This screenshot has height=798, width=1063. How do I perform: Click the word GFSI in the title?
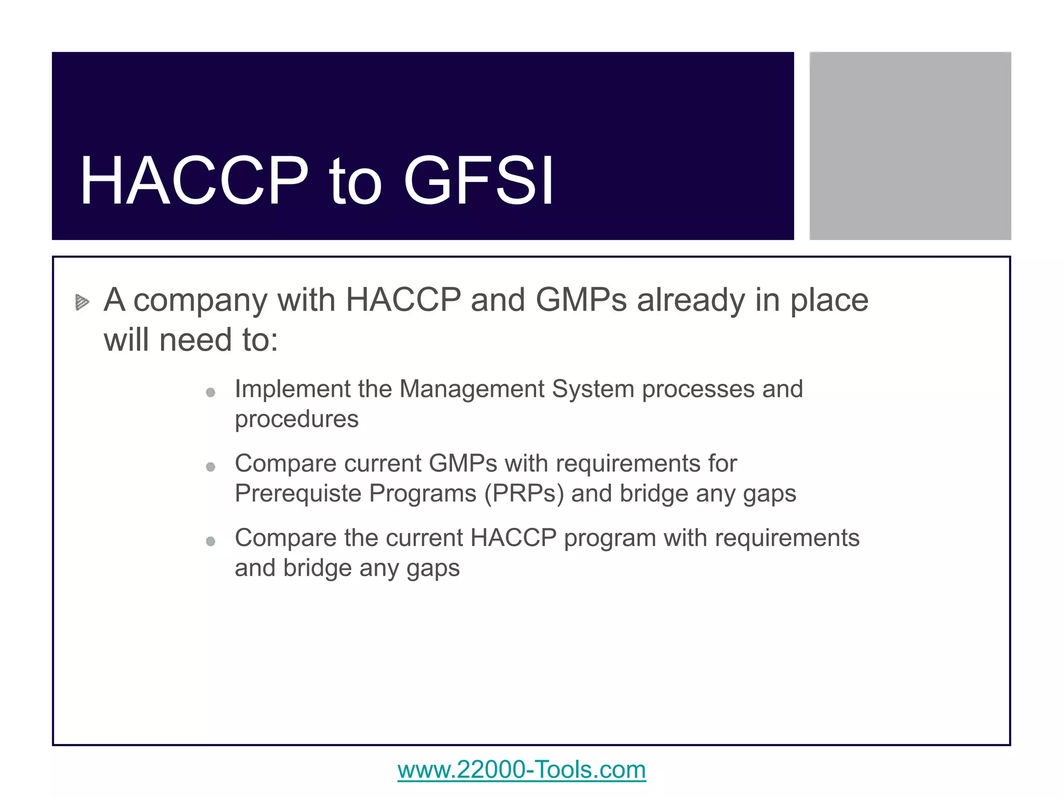tap(478, 181)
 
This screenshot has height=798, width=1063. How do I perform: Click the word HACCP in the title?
tap(194, 181)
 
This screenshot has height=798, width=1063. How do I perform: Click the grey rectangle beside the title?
tap(910, 145)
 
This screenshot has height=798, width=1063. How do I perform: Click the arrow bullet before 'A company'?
tap(82, 302)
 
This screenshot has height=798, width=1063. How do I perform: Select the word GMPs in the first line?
tap(581, 300)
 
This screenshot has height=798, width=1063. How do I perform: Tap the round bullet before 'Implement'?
tap(210, 392)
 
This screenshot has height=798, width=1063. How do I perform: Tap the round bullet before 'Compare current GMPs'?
tap(210, 467)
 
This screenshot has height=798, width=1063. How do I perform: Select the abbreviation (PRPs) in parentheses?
tap(524, 494)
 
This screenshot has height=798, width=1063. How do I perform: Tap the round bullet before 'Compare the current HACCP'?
tap(210, 541)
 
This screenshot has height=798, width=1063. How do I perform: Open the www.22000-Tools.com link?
tap(522, 769)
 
